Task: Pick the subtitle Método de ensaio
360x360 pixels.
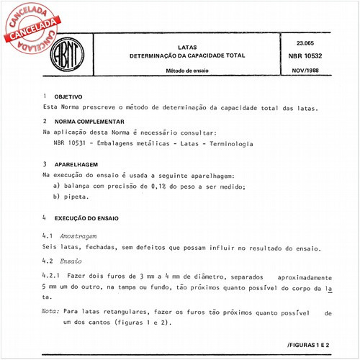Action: [x=186, y=71]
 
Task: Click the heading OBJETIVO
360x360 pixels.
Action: [x=69, y=96]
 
